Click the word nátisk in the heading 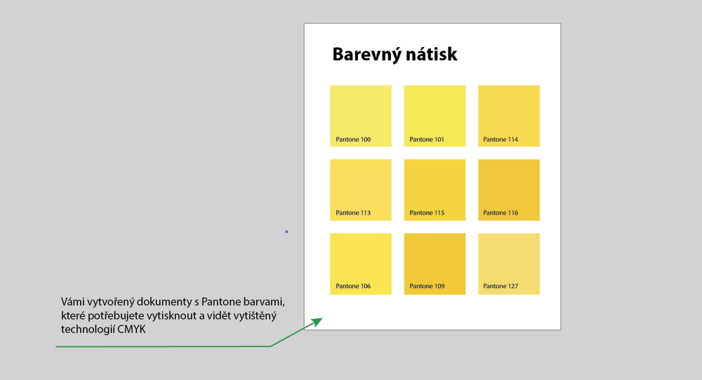432,54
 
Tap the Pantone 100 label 353,140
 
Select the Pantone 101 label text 427,140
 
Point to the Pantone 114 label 501,140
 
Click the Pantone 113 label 353,213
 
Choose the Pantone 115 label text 427,213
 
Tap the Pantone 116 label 501,213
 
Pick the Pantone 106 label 353,286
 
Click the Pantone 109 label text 427,286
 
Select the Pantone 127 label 501,286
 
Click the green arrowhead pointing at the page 317,322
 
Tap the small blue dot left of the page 286,231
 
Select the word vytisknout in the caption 171,315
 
